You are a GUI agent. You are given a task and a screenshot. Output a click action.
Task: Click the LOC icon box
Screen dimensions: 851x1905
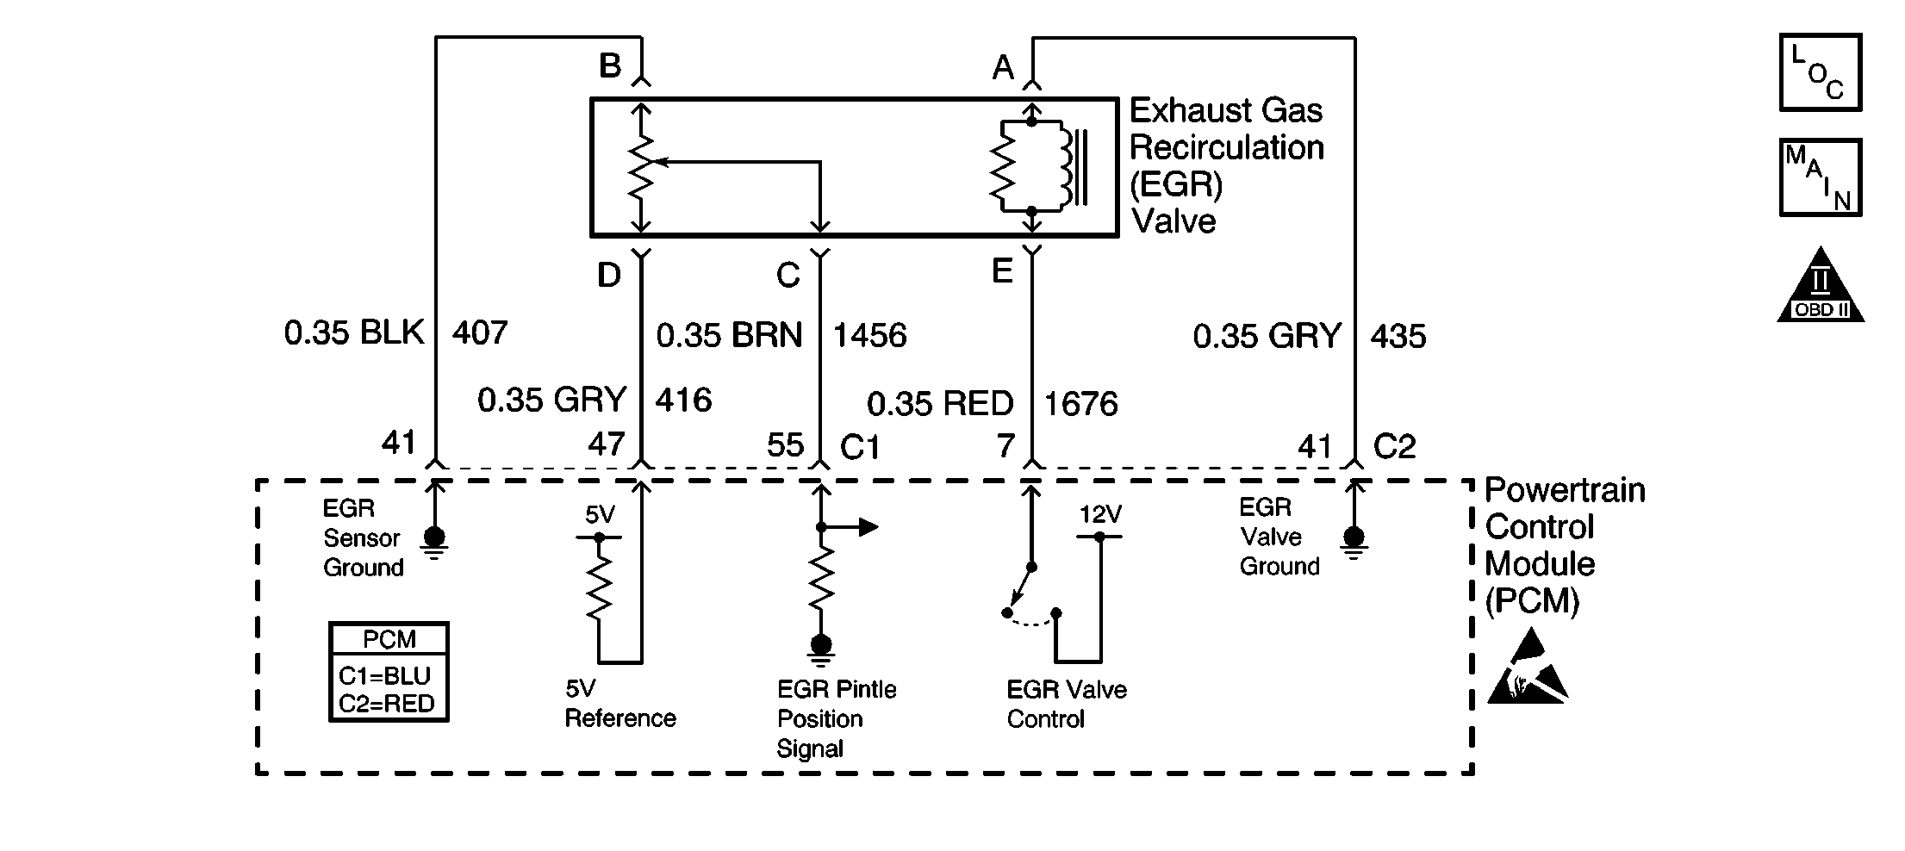1821,72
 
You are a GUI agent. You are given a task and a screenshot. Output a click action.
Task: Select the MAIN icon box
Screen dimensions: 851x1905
1821,177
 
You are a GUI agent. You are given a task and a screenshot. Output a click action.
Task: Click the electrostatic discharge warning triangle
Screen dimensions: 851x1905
1527,668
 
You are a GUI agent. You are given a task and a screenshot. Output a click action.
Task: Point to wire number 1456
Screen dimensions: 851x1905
869,336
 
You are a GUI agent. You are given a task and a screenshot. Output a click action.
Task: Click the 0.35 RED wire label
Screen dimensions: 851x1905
940,404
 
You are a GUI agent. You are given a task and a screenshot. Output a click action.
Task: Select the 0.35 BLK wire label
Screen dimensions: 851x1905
354,333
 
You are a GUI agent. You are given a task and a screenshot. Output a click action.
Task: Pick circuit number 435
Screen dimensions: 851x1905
1398,336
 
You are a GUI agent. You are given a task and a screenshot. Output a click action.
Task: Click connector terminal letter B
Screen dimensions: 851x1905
610,65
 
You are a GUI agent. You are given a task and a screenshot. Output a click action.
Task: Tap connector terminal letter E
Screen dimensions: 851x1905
1002,271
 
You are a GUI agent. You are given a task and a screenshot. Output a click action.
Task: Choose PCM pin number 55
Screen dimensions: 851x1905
785,445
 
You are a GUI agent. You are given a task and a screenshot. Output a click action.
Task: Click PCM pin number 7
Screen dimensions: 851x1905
1005,445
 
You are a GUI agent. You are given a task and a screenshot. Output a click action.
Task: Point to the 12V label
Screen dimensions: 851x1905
1100,515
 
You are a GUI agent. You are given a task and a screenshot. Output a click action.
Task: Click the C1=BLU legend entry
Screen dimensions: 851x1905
384,675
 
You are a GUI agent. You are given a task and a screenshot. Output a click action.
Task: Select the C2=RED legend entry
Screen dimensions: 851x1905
386,704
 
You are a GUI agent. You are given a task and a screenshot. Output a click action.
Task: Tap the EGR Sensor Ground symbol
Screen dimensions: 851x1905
434,539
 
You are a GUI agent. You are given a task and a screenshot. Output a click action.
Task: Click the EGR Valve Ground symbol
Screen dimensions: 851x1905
1354,539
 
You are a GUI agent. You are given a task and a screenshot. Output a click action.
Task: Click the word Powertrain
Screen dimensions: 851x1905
1565,490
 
